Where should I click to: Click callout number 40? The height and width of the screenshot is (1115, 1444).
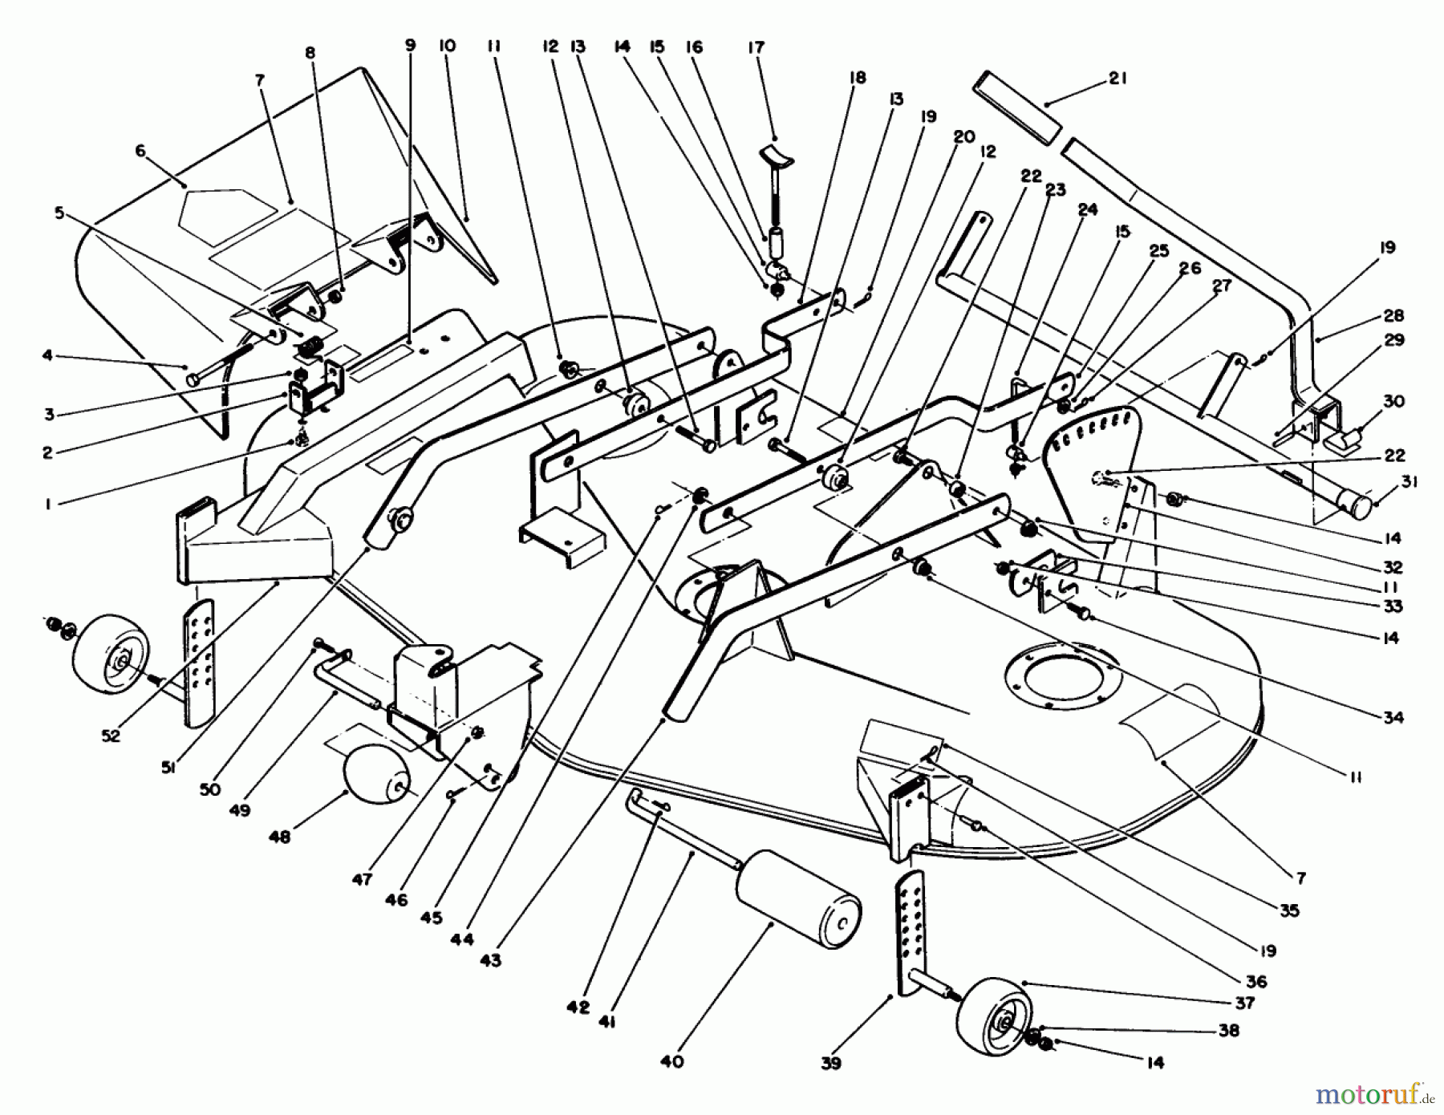(672, 1061)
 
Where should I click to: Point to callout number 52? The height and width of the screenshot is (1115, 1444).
(111, 735)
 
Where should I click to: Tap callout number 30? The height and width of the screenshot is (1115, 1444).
(1394, 401)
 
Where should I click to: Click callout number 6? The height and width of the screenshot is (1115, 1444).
(141, 150)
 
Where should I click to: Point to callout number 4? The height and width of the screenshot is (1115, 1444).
(47, 354)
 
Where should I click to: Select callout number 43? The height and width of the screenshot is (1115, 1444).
(490, 959)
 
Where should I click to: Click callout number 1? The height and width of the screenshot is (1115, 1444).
(47, 505)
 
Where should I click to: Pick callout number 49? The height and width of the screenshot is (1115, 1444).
(241, 809)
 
